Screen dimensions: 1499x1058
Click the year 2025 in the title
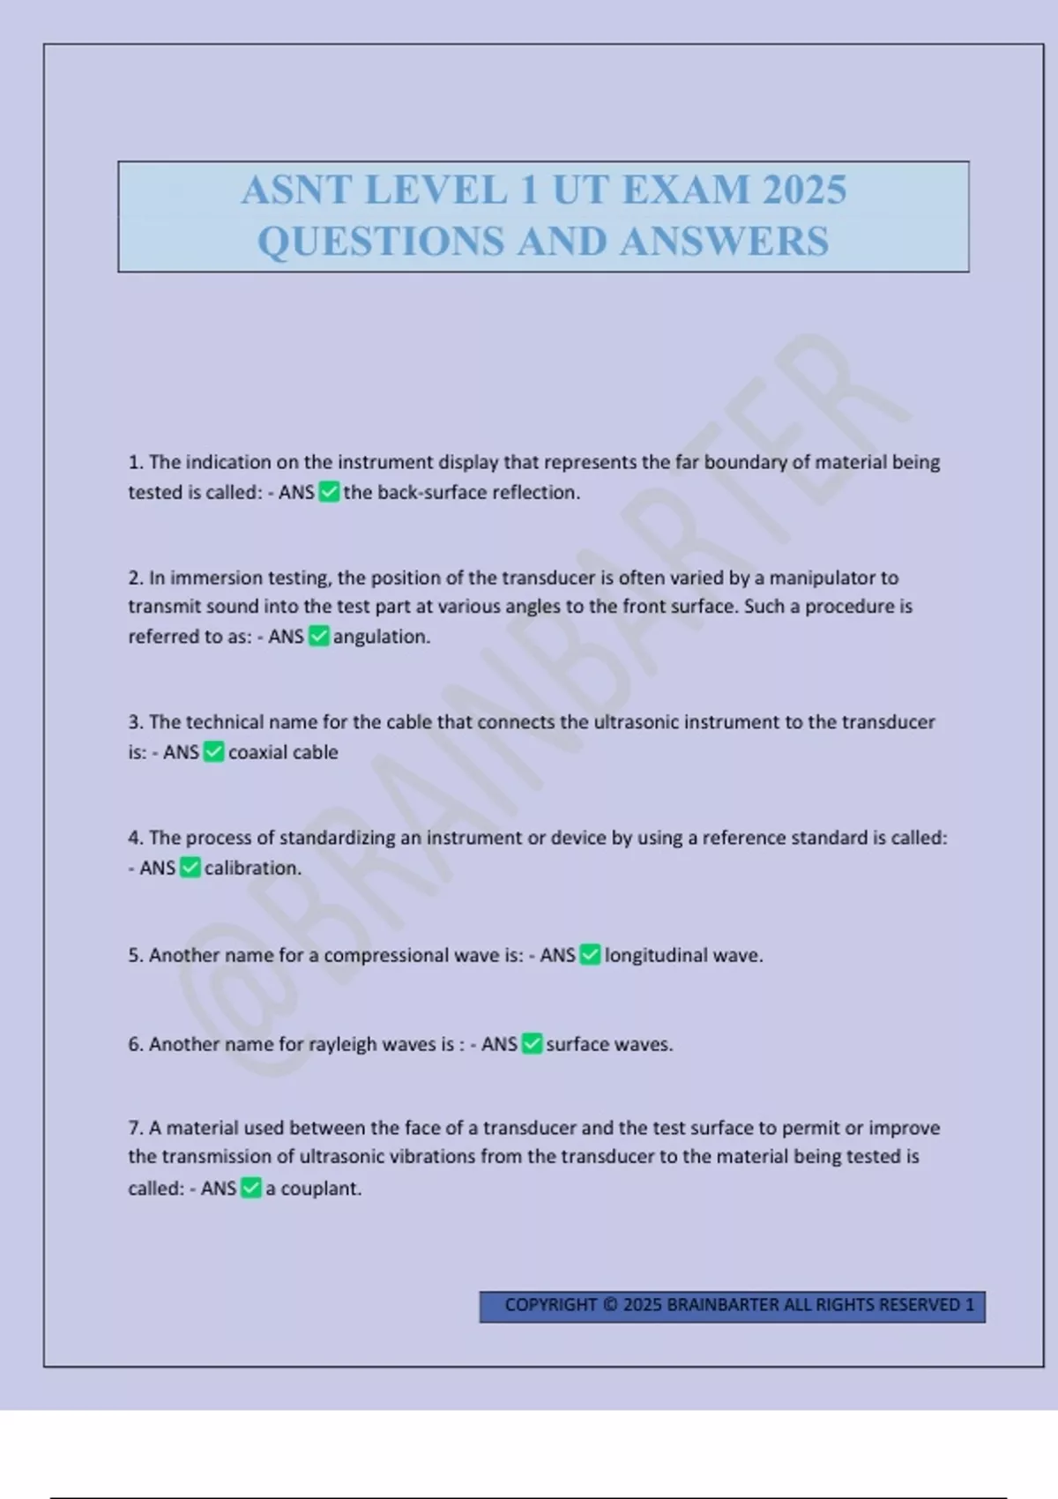click(x=803, y=190)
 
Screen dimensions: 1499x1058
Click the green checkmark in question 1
click(x=329, y=492)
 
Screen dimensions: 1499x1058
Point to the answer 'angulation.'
click(x=382, y=637)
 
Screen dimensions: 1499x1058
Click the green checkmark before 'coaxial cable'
click(x=214, y=752)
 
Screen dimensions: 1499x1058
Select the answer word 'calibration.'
click(x=253, y=869)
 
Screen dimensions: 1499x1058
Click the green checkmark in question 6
click(x=532, y=1044)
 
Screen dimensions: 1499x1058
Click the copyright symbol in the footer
click(x=610, y=1305)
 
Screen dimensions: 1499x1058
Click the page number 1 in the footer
click(x=970, y=1305)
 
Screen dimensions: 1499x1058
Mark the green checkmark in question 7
click(x=251, y=1189)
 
